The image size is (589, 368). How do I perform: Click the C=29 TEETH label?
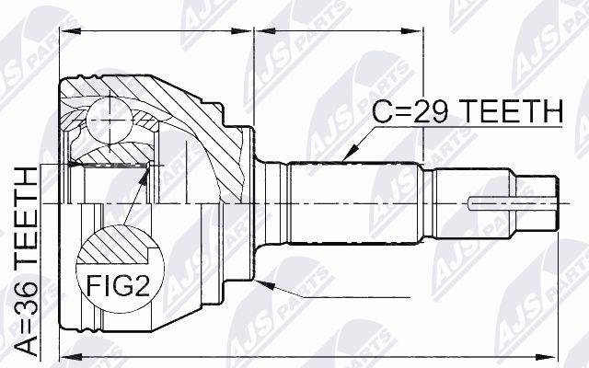468,112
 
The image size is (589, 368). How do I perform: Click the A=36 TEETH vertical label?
27,261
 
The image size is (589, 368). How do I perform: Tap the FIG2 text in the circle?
118,285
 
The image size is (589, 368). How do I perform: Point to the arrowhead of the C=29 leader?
350,154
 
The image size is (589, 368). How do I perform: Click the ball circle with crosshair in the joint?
110,120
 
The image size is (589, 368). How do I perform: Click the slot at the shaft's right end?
513,204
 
